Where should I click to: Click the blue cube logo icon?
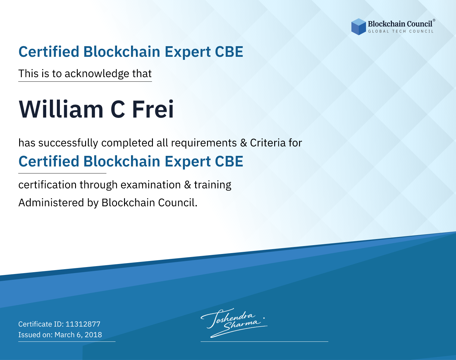tap(358, 27)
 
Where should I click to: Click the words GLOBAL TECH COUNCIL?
tap(401, 31)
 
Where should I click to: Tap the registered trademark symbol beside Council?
tap(434, 20)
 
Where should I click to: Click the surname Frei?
tap(153, 109)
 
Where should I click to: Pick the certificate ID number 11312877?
tap(83, 324)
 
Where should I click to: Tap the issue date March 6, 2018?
tap(78, 335)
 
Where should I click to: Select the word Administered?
tap(51, 203)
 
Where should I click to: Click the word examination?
tap(151, 185)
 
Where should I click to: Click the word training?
tap(212, 185)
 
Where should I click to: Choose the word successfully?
tap(68, 143)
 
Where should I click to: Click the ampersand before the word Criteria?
tap(244, 143)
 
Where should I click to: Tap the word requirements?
tap(204, 143)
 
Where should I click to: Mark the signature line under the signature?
tap(264, 341)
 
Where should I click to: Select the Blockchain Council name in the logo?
tap(400, 24)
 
